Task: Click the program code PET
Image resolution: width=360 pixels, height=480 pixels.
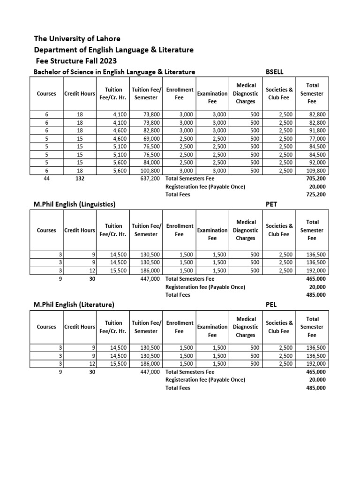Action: click(271, 204)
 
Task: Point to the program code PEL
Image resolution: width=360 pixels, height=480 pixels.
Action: click(271, 304)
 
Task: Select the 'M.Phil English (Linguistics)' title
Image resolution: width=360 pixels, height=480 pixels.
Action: click(75, 204)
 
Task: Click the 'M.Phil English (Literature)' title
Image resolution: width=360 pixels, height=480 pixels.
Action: click(74, 304)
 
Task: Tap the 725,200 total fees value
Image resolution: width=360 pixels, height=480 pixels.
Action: click(317, 194)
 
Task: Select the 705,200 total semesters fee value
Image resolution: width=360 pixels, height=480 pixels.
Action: click(317, 179)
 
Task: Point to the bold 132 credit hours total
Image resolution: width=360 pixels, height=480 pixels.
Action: click(80, 179)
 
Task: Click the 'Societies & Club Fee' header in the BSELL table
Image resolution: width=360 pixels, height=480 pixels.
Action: click(279, 93)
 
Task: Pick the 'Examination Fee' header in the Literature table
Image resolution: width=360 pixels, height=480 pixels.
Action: click(212, 331)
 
